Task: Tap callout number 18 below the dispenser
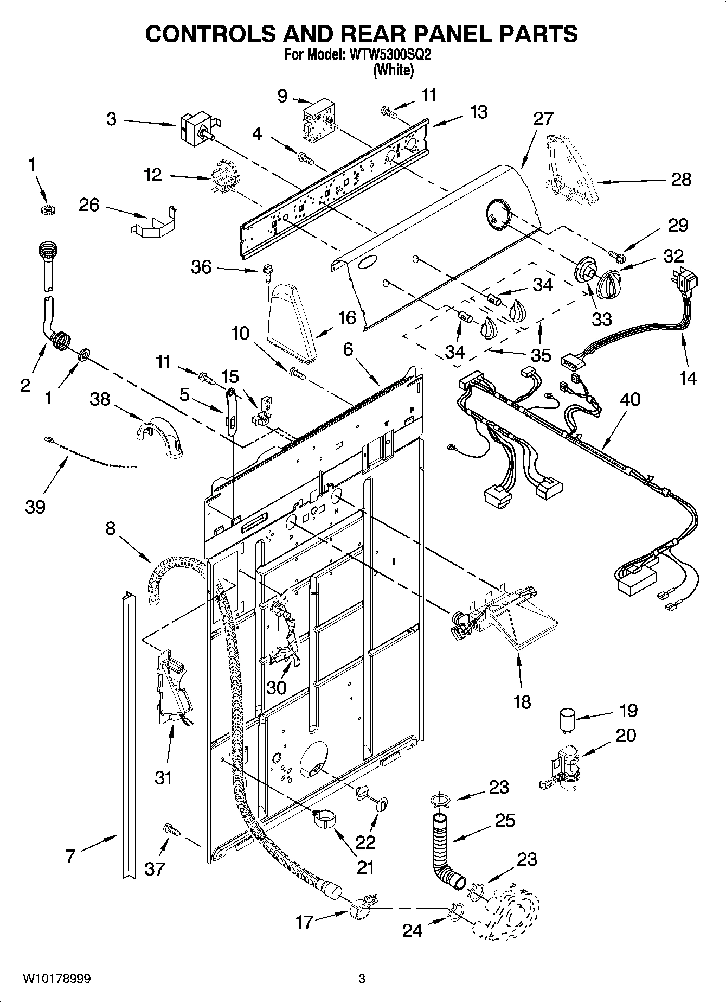[x=522, y=702]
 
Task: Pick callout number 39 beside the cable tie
[x=35, y=507]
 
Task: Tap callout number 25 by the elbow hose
[x=504, y=820]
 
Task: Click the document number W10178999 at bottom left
[x=56, y=979]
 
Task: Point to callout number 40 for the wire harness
[x=630, y=400]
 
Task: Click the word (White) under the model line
[x=393, y=70]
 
